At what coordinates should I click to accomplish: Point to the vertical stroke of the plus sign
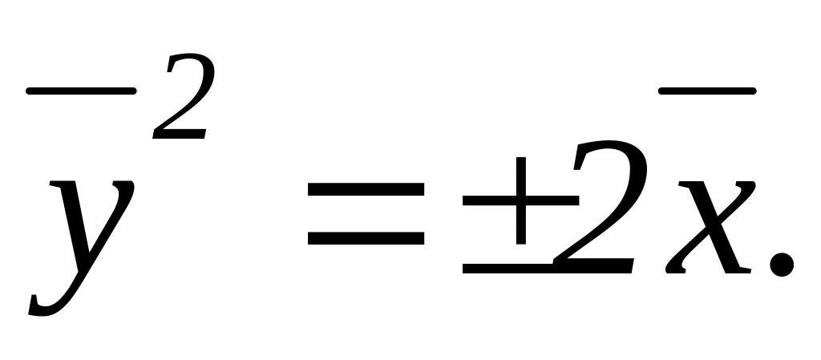522,200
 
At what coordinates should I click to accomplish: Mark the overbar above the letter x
706,94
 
